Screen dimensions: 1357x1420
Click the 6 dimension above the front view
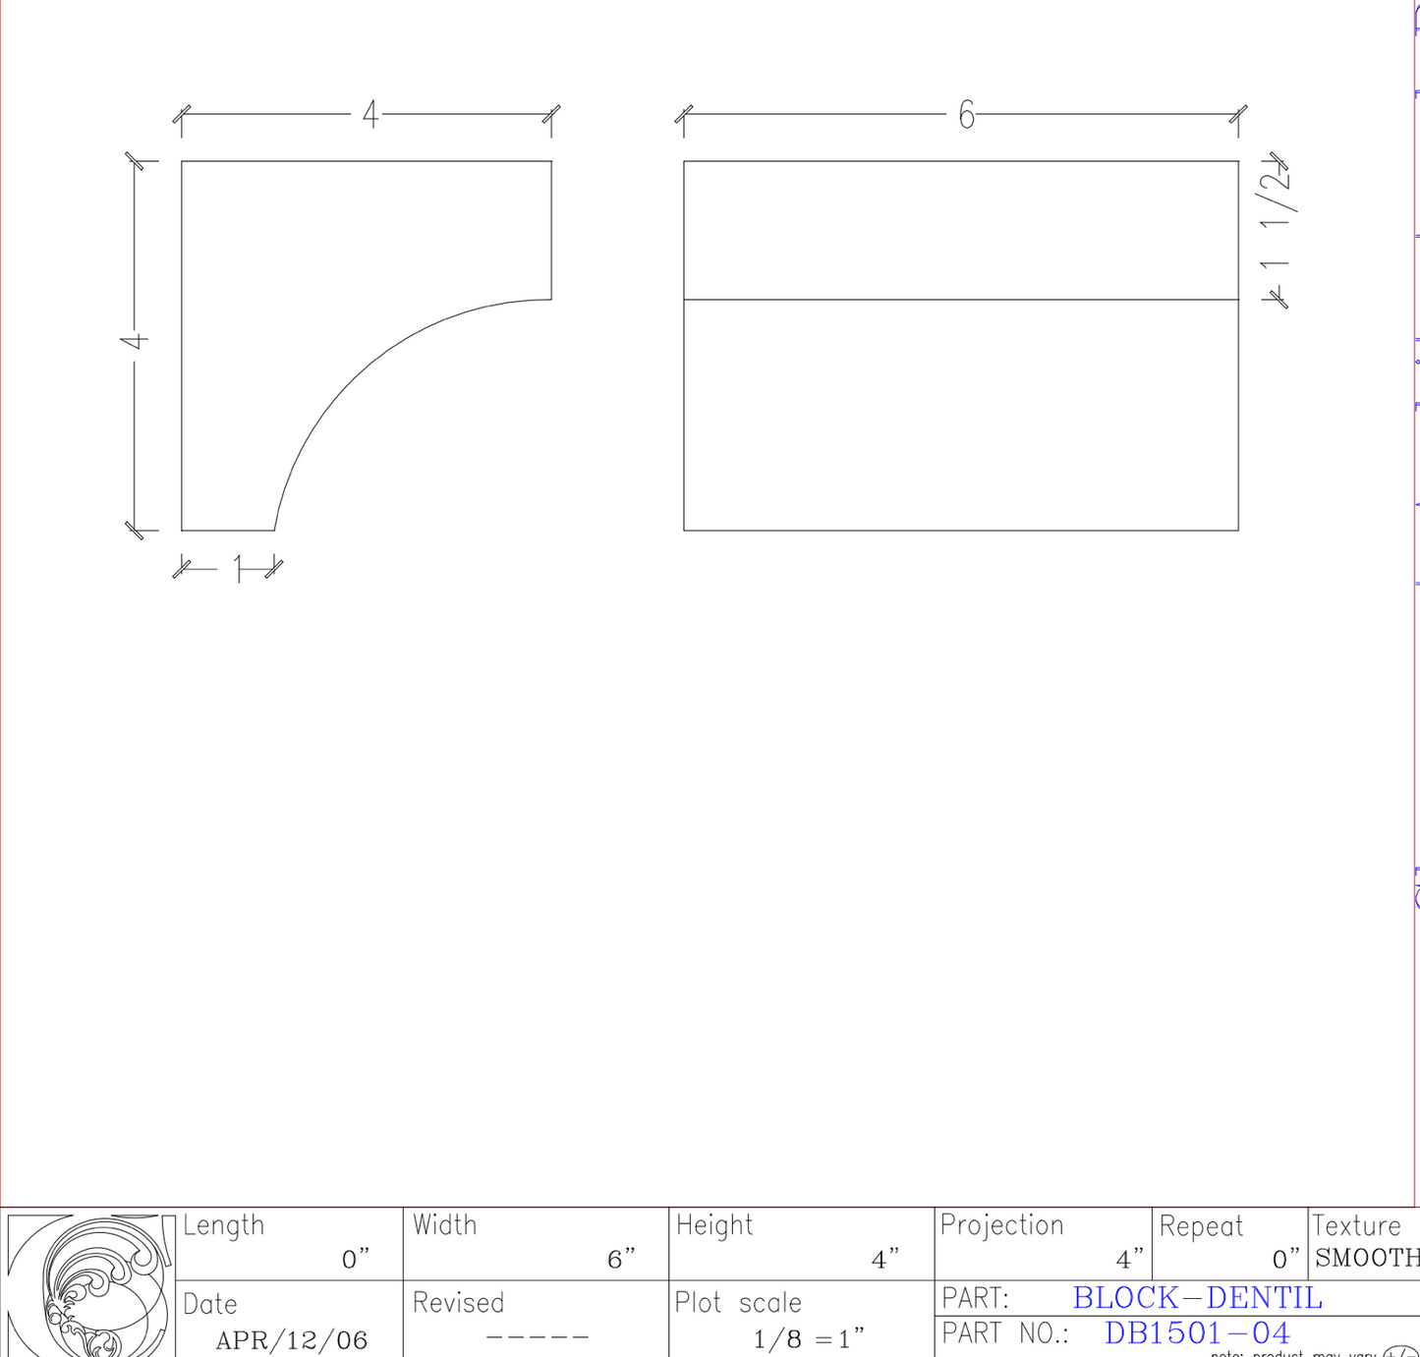966,116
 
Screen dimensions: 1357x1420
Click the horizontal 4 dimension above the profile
369,115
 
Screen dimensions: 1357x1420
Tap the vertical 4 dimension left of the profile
135,341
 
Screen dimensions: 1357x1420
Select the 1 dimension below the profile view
238,568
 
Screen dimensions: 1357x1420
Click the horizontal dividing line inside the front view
960,300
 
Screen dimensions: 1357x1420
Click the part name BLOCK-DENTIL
1197,1298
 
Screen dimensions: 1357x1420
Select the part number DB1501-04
1196,1333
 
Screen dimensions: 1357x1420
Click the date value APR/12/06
291,1340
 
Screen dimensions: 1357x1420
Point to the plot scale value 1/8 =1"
808,1338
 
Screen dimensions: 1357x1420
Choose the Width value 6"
621,1259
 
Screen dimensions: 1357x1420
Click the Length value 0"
355,1259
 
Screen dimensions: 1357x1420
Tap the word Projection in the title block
1001,1225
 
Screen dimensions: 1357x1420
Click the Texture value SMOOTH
1366,1258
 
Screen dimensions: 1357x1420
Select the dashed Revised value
537,1337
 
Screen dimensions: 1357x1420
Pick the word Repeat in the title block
1201,1226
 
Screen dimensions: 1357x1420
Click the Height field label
714,1225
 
